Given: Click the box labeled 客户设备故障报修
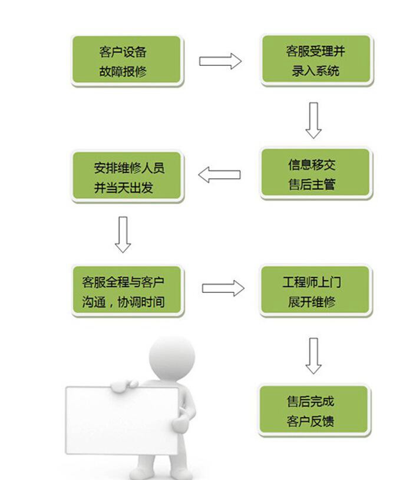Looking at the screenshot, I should click(126, 61).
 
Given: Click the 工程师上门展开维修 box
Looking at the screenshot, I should click(316, 292).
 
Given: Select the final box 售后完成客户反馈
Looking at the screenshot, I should click(315, 411).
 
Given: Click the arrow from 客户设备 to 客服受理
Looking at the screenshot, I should click(220, 61).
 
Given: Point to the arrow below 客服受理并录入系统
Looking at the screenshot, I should click(313, 120).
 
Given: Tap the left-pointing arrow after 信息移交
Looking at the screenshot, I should click(219, 175).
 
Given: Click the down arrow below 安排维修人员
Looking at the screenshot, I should click(123, 234).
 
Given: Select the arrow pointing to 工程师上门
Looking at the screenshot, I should click(223, 288).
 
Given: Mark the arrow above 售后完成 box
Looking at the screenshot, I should click(313, 355).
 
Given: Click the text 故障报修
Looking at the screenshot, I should click(123, 72).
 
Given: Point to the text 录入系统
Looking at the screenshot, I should click(316, 72).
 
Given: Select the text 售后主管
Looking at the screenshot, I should click(312, 185).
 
